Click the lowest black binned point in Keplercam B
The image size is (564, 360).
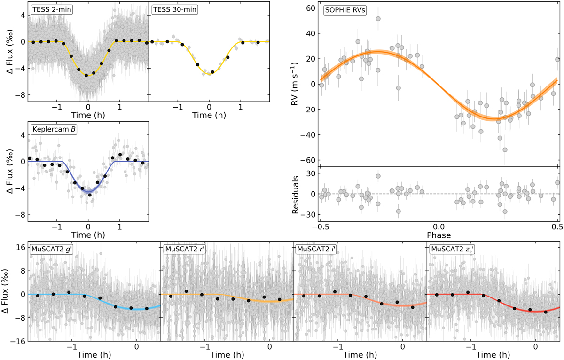(90, 195)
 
